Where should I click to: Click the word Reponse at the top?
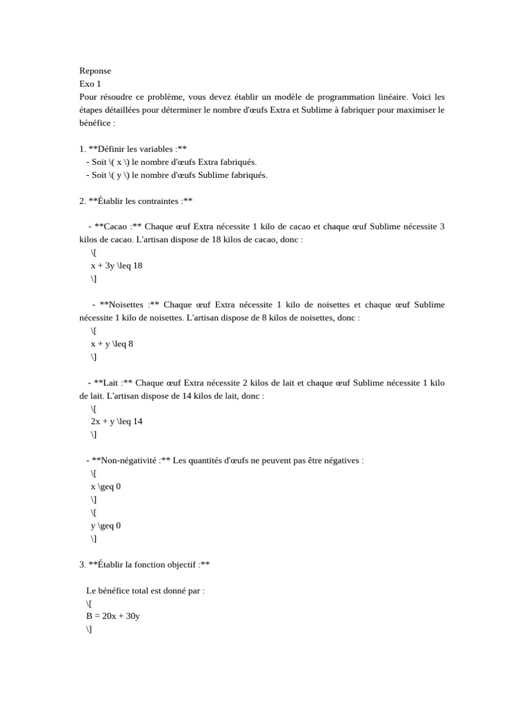point(95,71)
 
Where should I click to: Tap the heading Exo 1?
point(90,84)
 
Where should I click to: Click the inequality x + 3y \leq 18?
point(116,266)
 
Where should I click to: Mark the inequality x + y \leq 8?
point(111,344)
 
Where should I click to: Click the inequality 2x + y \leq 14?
point(116,422)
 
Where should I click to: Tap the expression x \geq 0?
point(105,487)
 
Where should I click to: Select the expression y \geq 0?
point(105,526)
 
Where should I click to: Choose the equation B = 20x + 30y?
point(113,616)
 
